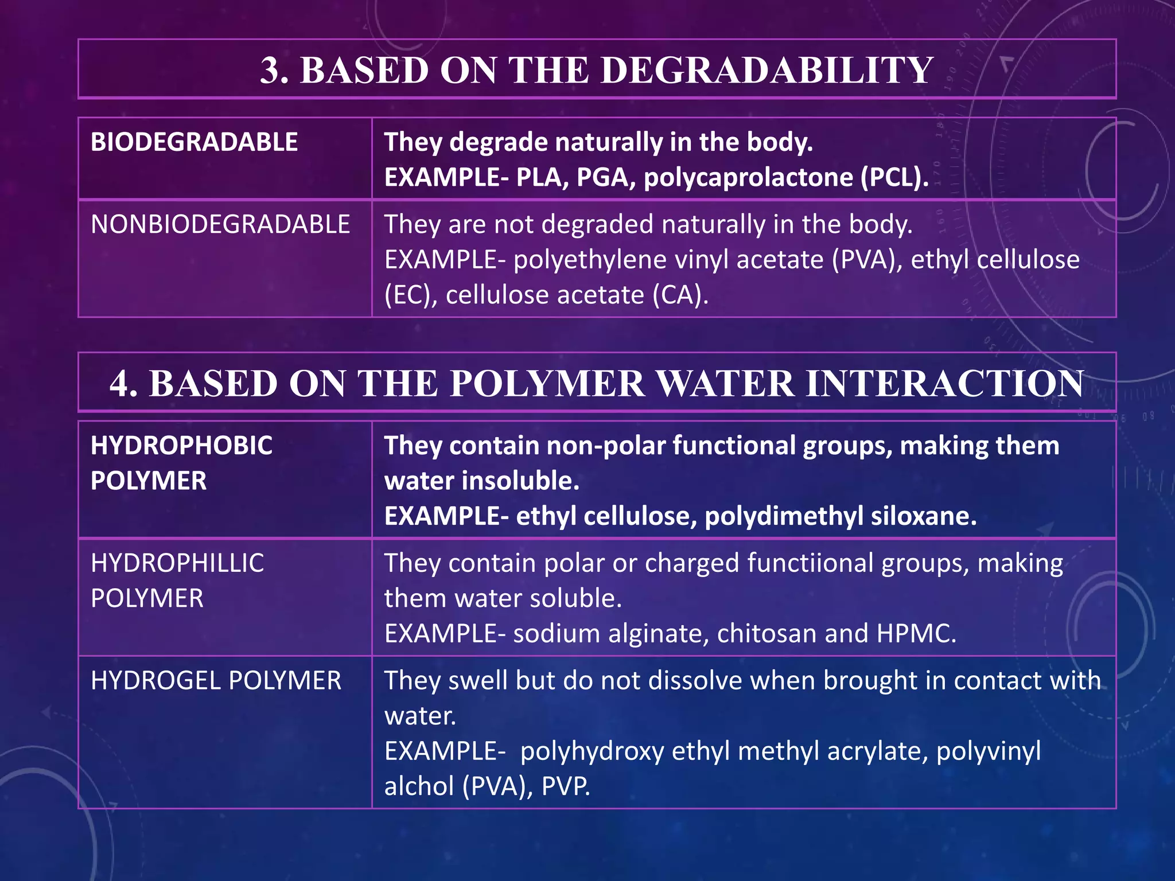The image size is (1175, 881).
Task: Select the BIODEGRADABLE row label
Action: (194, 142)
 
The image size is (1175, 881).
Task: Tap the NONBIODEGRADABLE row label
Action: (220, 224)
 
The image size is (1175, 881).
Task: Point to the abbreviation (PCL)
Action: (894, 177)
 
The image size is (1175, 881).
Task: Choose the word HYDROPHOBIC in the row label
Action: (181, 446)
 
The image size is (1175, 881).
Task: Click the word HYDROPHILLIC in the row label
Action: (177, 563)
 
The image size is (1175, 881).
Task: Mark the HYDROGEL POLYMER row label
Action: (216, 681)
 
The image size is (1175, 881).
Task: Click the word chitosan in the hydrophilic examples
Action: (767, 634)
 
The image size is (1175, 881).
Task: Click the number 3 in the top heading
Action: (274, 71)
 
